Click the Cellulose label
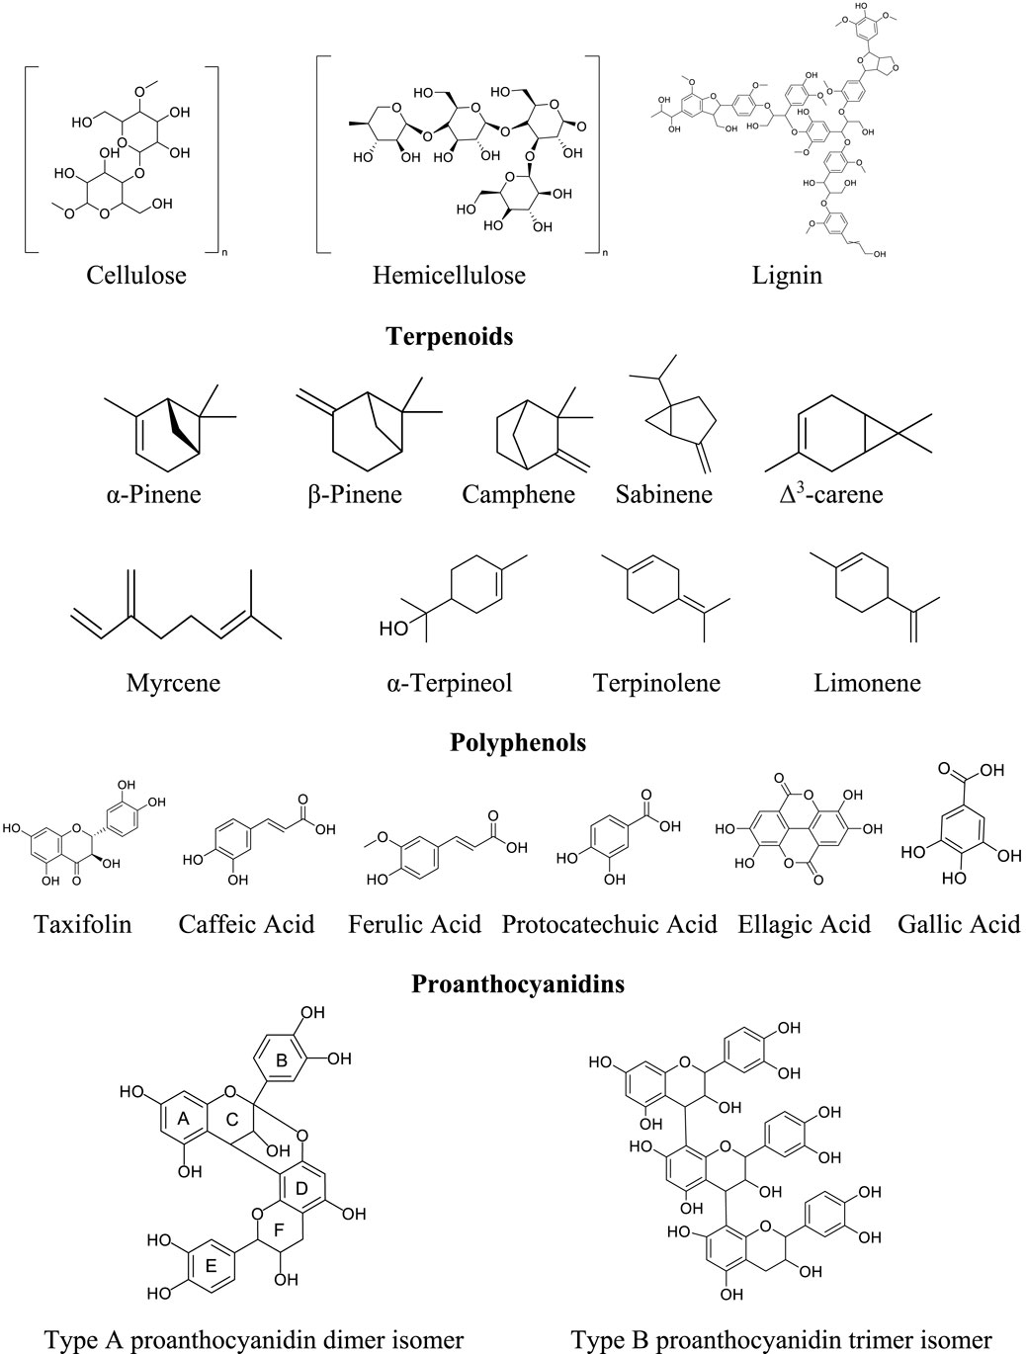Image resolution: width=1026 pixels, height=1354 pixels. (x=136, y=275)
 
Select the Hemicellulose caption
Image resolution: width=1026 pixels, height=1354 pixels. (x=449, y=275)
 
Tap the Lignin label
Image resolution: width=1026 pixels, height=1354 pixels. (x=787, y=275)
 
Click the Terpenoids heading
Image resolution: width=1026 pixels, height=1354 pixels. (x=450, y=337)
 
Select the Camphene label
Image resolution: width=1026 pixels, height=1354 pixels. (x=518, y=493)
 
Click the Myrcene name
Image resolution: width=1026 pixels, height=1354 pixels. (x=173, y=683)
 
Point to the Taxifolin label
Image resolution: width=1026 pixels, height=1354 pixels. (x=82, y=925)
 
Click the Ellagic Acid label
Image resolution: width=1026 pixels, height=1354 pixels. (x=805, y=925)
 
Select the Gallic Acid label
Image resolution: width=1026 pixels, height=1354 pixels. (x=959, y=925)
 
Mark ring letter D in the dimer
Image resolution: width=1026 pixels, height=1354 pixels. (x=301, y=1186)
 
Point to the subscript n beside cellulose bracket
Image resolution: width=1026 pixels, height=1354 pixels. (x=223, y=253)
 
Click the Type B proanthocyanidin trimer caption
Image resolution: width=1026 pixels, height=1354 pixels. (x=780, y=1340)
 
